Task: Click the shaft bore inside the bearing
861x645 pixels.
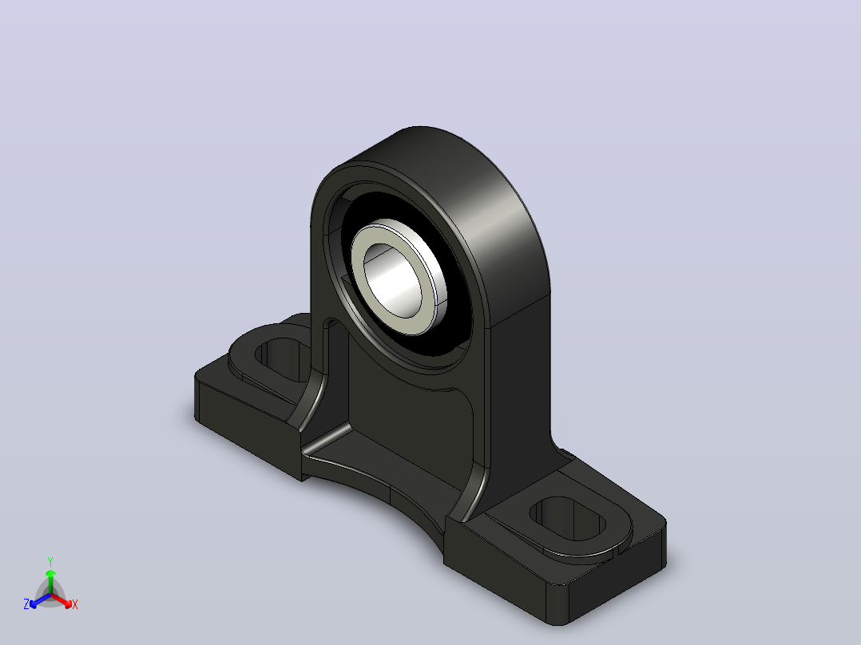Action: [x=395, y=281]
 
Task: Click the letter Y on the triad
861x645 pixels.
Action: [x=50, y=562]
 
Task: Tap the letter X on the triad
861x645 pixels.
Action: [x=75, y=604]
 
